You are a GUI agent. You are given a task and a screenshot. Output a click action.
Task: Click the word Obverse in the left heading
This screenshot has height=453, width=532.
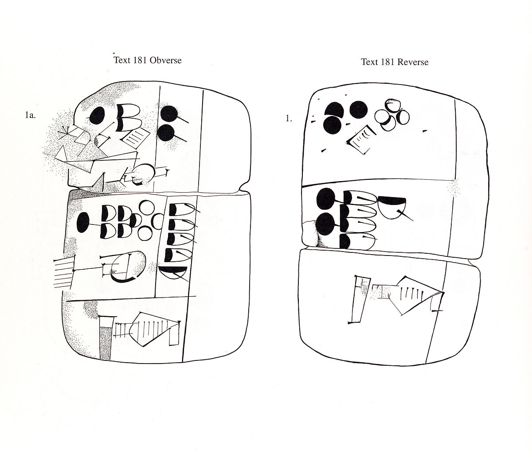pos(165,60)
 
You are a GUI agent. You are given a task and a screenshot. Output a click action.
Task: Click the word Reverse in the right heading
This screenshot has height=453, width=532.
pos(413,62)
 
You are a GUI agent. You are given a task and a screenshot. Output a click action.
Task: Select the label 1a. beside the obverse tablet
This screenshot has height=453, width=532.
pos(31,116)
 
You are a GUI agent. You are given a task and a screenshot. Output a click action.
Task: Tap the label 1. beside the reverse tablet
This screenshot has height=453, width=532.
pos(289,119)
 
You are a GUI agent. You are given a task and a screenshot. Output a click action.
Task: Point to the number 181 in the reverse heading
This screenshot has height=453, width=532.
pos(387,62)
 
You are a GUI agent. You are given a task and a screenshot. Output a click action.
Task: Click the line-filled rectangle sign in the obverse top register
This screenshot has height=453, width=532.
pos(135,138)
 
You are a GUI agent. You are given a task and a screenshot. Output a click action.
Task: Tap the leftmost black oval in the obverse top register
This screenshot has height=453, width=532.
pos(97,115)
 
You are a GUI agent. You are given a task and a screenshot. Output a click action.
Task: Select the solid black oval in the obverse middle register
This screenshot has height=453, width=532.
pos(83,223)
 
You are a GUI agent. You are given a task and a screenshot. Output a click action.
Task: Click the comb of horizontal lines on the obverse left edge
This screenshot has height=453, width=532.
pos(63,272)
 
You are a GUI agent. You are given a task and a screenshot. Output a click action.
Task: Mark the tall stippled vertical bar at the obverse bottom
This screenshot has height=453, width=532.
pos(105,343)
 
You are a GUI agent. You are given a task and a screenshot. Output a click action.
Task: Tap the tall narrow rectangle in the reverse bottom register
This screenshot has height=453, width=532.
pos(359,299)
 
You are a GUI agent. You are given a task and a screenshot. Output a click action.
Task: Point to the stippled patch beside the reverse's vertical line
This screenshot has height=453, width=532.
pos(454,187)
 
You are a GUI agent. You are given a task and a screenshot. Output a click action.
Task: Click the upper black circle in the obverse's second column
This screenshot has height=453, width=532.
pos(168,113)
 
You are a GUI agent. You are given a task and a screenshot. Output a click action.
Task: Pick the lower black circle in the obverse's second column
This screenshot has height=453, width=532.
pos(166,133)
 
